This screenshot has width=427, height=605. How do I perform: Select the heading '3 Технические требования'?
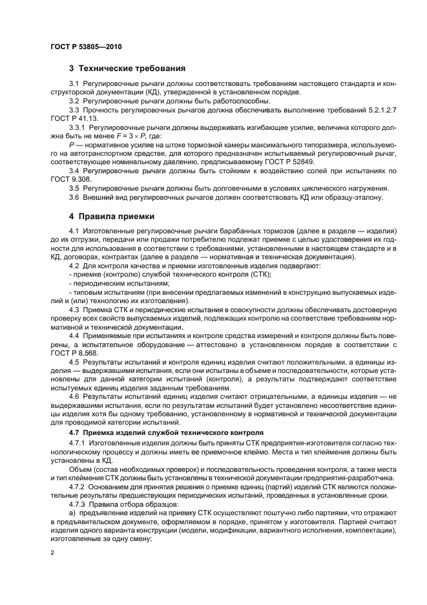pos(128,68)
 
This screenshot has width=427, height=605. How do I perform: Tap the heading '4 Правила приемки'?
pos(111,217)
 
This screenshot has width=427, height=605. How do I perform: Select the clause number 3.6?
pos(74,197)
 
